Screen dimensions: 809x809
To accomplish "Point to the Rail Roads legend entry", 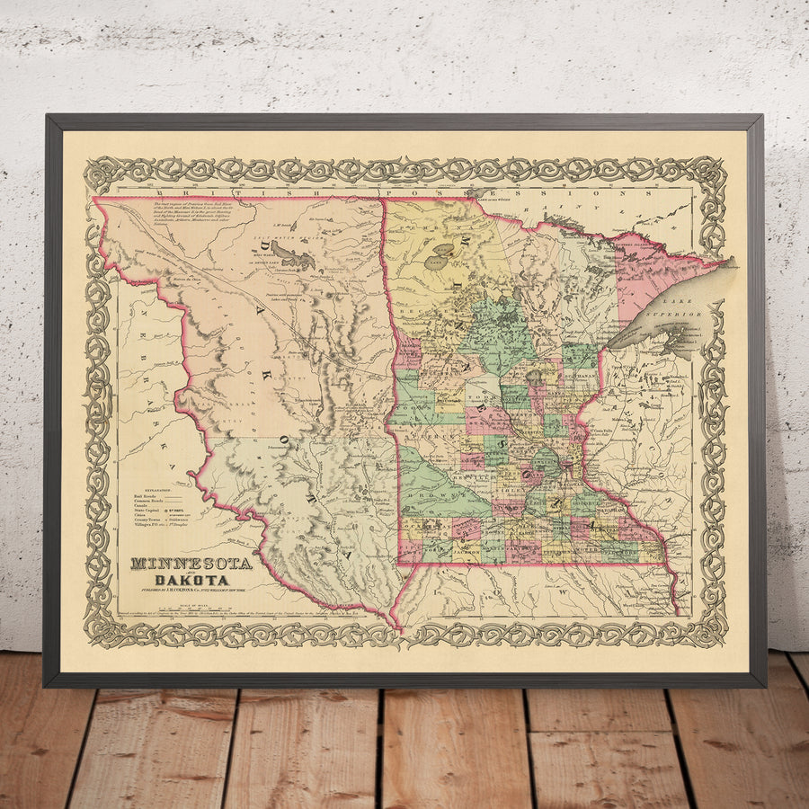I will pos(149,495).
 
